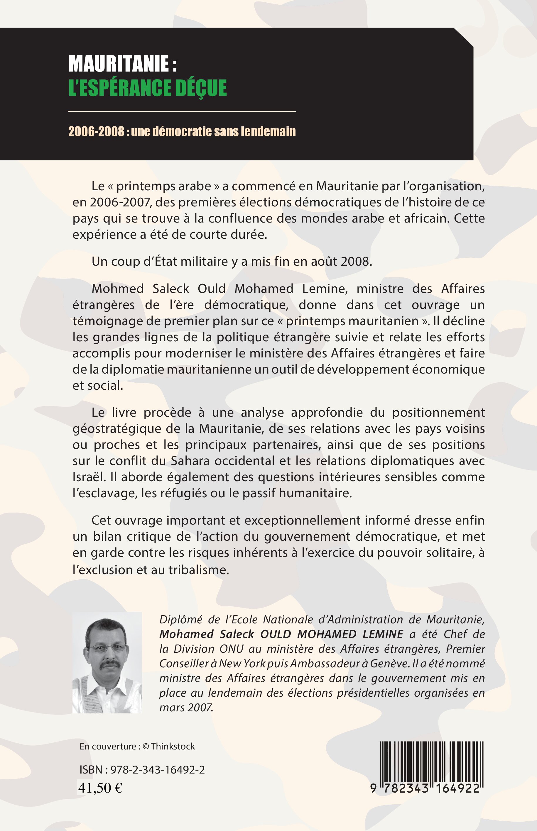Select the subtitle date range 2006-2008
pyautogui.click(x=96, y=131)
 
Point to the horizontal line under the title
pyautogui.click(x=182, y=111)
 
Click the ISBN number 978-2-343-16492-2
pyautogui.click(x=158, y=770)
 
